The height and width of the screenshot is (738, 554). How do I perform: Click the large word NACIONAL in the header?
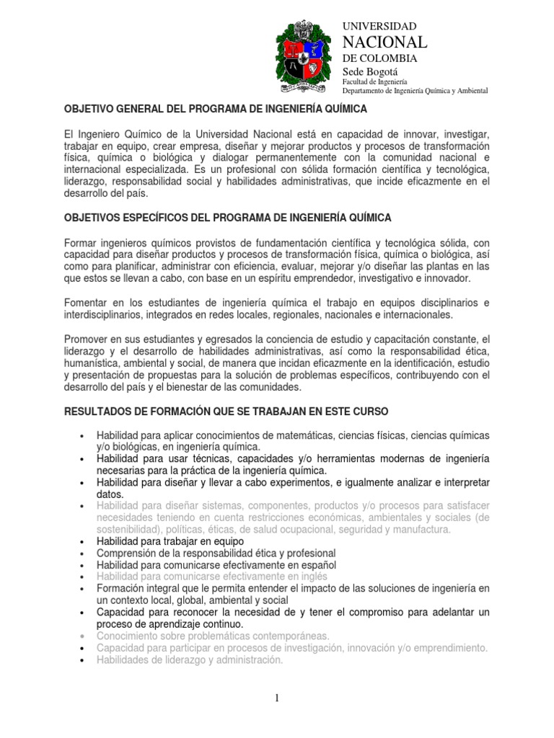pos(384,42)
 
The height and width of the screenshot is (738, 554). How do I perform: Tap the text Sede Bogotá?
pos(369,72)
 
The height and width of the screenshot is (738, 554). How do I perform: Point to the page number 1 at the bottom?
pos(277,698)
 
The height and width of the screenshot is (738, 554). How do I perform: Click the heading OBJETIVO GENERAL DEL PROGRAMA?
pos(216,109)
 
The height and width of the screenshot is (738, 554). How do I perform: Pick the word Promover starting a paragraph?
pos(88,339)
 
